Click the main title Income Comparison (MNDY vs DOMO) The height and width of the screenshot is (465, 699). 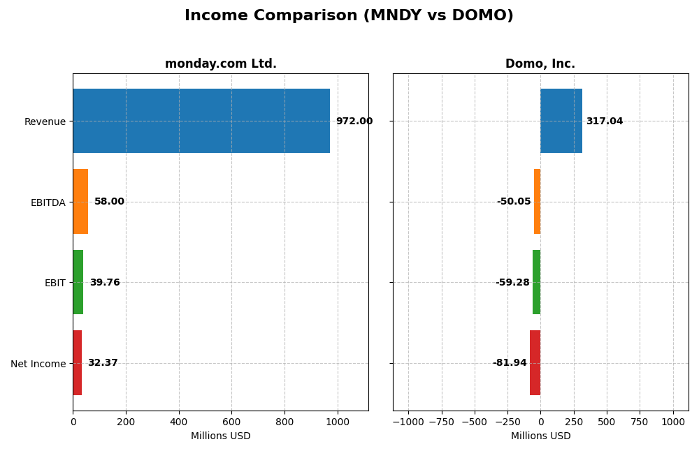pos(349,15)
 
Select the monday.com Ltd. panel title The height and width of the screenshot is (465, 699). pos(220,64)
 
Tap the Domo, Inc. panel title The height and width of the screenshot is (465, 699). pos(540,64)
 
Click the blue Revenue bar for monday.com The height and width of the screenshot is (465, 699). pos(201,121)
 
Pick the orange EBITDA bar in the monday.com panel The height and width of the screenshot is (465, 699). pos(80,201)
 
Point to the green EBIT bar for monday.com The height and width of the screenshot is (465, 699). pos(78,282)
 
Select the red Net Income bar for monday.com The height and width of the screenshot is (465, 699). pos(78,362)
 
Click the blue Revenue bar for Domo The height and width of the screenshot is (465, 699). pos(561,121)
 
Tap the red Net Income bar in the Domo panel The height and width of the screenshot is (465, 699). pos(535,362)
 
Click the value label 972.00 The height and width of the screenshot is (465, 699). pos(354,121)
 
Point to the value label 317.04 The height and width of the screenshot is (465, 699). pos(604,121)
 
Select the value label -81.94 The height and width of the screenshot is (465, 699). pos(510,362)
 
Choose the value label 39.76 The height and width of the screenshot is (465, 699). pos(105,282)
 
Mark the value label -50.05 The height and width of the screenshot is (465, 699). pos(514,201)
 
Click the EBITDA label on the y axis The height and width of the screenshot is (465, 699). pos(48,202)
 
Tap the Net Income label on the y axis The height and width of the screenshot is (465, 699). pos(38,364)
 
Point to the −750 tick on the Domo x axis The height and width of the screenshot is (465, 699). pos(441,422)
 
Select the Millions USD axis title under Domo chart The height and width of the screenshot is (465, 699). pos(540,436)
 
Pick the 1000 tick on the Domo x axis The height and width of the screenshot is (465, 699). pos(673,422)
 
